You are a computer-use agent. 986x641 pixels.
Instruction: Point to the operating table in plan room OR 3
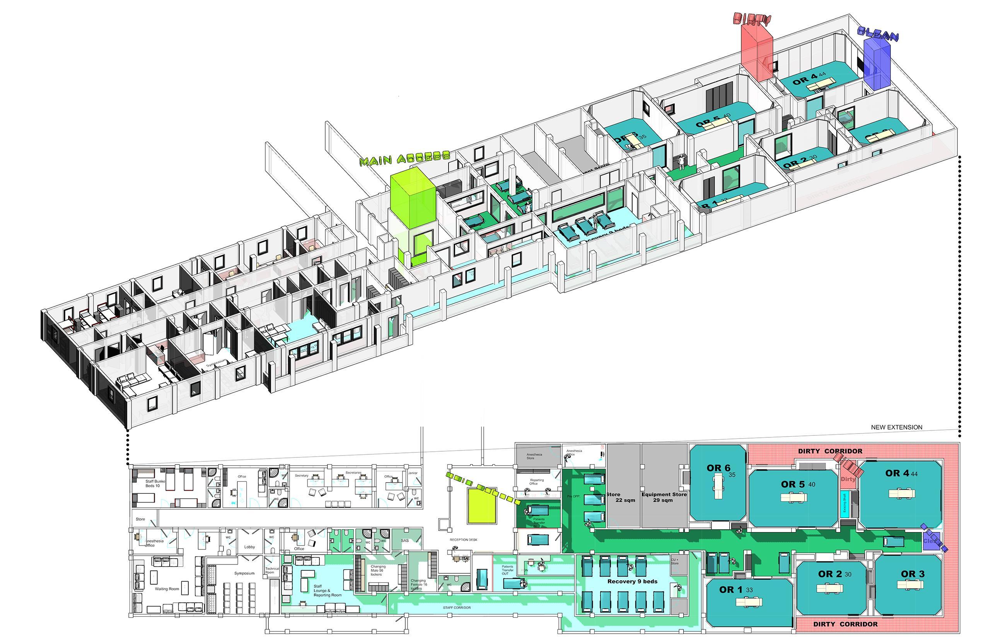(910, 585)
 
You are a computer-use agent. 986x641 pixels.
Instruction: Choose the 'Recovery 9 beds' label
(632, 581)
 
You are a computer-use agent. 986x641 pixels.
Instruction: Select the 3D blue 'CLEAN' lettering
(877, 35)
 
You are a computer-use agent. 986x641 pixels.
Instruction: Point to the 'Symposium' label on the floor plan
(244, 573)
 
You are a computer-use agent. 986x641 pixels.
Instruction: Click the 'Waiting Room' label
(167, 588)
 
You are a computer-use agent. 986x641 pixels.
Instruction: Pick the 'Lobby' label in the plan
(249, 547)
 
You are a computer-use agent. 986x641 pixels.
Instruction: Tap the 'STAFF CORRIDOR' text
(457, 608)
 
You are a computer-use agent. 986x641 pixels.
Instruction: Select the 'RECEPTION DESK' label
(464, 540)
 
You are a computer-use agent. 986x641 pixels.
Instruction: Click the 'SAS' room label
(405, 541)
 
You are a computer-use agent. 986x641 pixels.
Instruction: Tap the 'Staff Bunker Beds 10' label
(155, 484)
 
